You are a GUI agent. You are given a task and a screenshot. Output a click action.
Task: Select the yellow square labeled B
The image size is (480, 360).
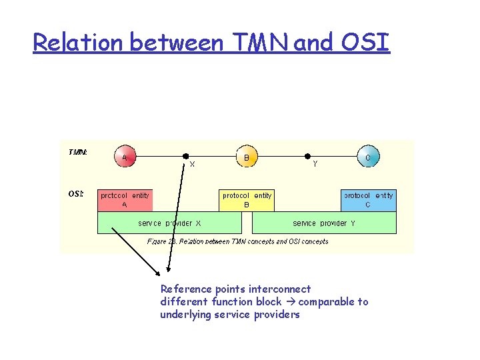(x=246, y=157)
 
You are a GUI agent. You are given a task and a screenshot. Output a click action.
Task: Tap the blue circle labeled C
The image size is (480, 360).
(x=368, y=157)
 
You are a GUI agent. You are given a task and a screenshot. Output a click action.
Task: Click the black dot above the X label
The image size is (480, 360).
(x=187, y=157)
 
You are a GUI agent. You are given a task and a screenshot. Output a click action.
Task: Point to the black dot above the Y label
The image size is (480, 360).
(x=307, y=157)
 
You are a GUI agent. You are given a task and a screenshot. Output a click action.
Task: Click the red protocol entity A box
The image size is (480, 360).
(x=125, y=200)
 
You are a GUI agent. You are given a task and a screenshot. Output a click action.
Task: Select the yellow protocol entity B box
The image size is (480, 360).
(x=247, y=200)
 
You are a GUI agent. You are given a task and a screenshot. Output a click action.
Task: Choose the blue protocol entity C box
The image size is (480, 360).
(x=369, y=200)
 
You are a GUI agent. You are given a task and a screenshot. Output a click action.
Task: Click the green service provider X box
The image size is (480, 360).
(x=169, y=223)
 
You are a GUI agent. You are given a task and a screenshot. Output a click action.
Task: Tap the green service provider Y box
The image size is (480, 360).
(x=324, y=223)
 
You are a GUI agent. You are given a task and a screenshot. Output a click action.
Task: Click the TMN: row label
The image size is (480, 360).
(x=77, y=152)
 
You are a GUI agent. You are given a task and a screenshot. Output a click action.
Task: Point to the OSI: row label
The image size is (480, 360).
(x=76, y=194)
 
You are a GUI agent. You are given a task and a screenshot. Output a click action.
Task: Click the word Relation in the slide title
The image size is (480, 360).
(x=78, y=43)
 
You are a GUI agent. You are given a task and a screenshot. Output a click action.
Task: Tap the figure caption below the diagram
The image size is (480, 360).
(x=237, y=241)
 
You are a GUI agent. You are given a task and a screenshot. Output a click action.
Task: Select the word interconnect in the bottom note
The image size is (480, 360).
(x=280, y=289)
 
